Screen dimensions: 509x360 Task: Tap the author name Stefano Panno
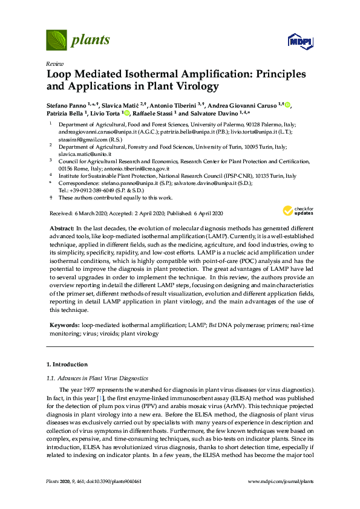point(66,106)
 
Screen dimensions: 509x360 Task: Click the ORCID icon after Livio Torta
point(124,113)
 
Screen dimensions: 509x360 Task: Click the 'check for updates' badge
point(297,212)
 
